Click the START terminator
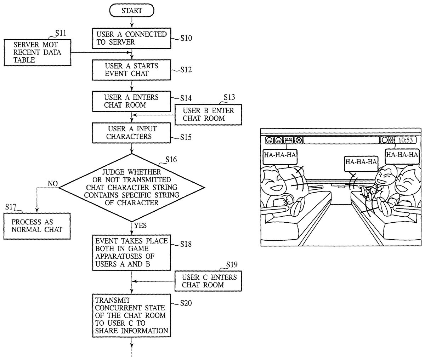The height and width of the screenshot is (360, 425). tap(132, 11)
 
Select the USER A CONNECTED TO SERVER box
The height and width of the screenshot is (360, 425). tap(132, 38)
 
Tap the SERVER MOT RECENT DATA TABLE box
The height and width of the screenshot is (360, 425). tap(37, 52)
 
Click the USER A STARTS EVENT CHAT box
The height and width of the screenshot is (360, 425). tap(132, 70)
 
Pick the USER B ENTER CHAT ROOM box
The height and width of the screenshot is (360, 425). tap(208, 114)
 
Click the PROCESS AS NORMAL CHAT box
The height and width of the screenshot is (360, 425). tap(37, 226)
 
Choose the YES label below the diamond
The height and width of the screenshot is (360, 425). tap(140, 225)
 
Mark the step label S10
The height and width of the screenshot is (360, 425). tap(186, 38)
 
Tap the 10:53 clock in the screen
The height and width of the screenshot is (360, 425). tap(406, 140)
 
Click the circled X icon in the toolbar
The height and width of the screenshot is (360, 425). tap(299, 140)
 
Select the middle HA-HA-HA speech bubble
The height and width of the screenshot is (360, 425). tap(361, 162)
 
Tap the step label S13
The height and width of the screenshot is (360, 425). tap(229, 97)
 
